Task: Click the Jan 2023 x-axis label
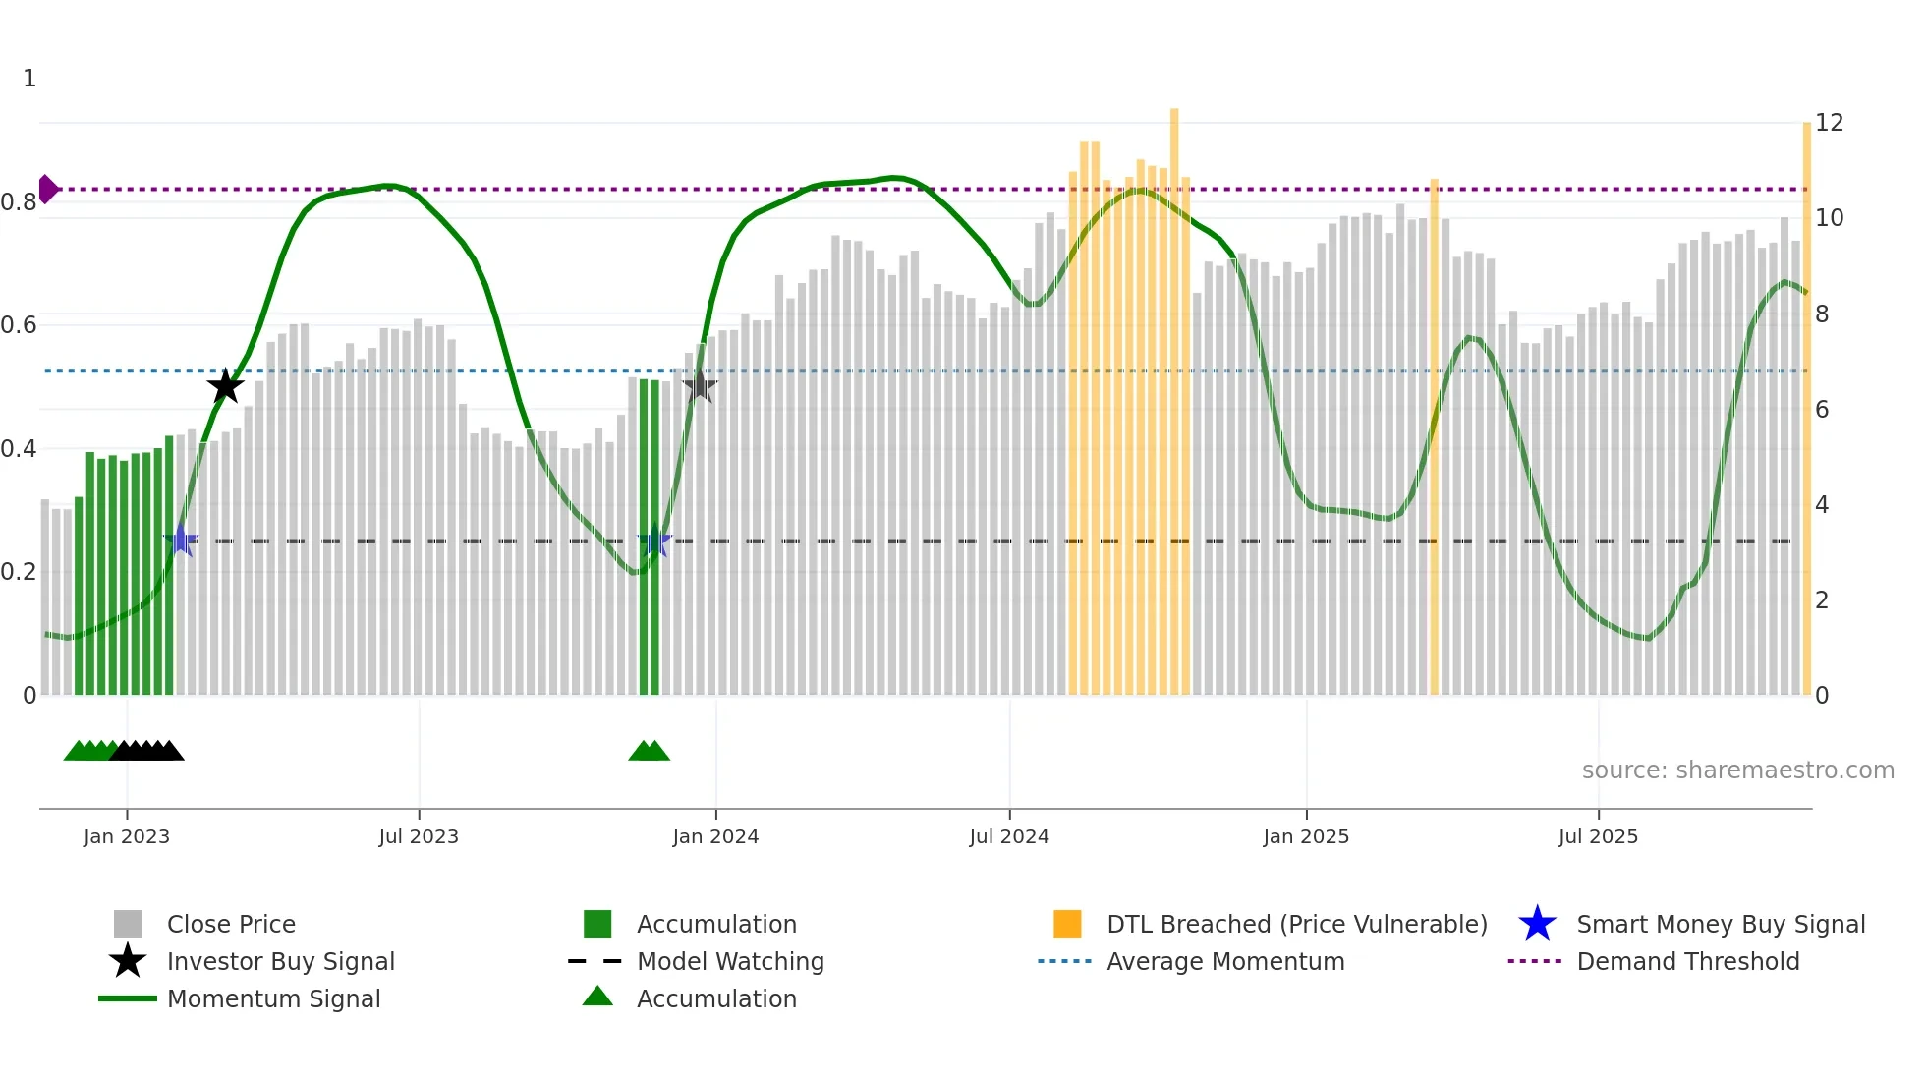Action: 127,836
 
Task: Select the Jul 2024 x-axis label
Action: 1009,836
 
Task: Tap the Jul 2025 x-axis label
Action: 1598,836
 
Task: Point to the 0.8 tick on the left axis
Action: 19,202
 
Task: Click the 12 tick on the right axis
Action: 1829,123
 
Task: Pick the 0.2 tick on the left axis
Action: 19,572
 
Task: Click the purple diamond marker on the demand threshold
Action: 47,189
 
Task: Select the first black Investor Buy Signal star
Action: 225,386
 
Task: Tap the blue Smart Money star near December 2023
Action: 654,541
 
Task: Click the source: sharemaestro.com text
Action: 1737,770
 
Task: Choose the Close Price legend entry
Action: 231,924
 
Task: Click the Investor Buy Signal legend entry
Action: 280,961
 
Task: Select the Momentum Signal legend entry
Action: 273,998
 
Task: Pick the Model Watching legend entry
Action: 730,961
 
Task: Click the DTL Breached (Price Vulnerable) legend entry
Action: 1296,924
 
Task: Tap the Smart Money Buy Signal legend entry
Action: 1721,924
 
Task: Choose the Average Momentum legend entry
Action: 1225,961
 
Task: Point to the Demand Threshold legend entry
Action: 1687,961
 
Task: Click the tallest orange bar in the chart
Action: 1174,393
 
